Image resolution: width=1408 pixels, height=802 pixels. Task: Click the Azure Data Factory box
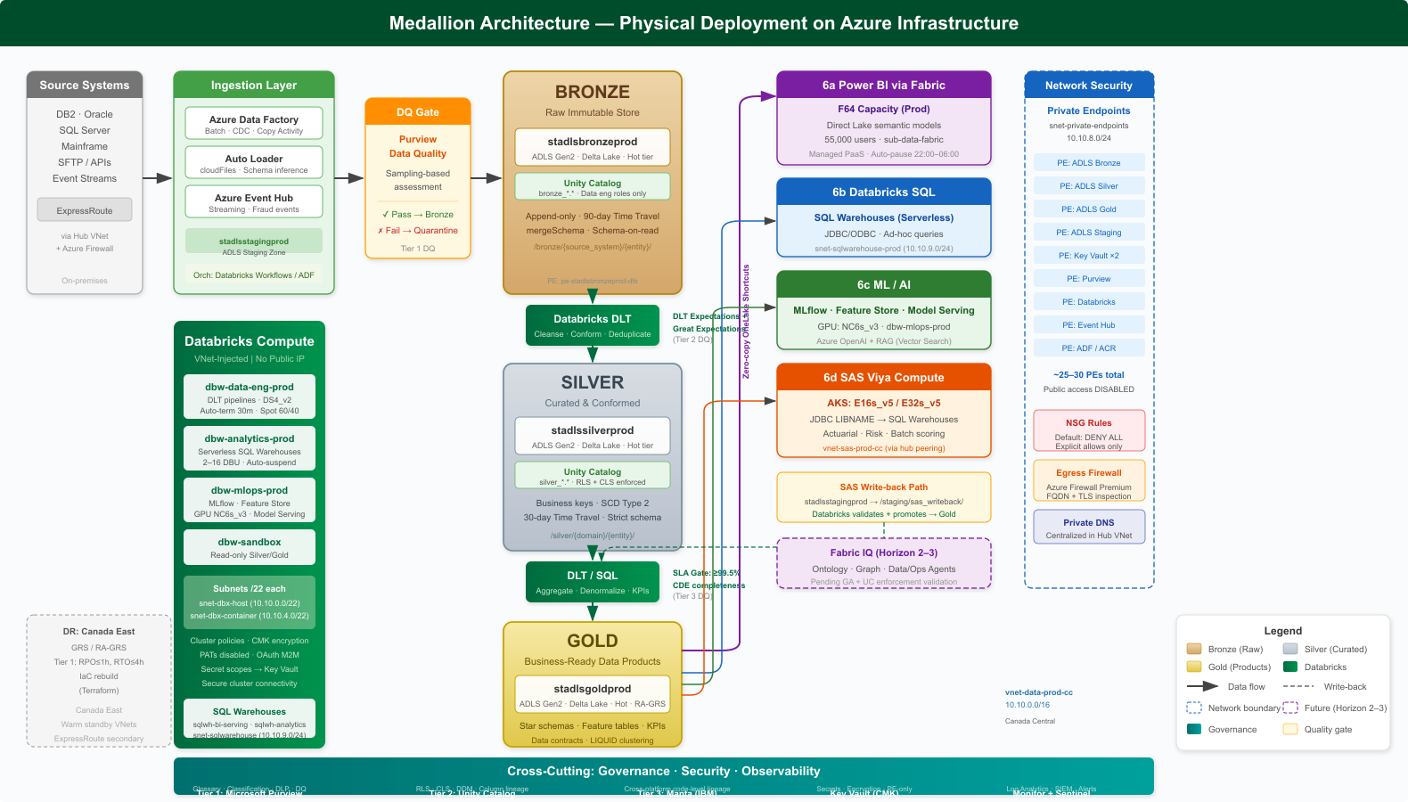(254, 124)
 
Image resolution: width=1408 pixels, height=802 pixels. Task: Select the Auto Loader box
(254, 163)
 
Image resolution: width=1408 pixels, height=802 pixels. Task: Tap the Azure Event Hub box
(254, 202)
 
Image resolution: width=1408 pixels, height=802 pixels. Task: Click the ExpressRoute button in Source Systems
(85, 210)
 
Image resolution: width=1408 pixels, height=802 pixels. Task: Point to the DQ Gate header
(418, 112)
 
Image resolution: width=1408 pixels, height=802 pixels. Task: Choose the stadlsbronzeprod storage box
(593, 147)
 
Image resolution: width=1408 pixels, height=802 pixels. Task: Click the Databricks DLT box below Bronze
(593, 325)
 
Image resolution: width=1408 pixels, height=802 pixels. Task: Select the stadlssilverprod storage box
(593, 436)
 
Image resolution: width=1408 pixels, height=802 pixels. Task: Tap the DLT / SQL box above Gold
(593, 582)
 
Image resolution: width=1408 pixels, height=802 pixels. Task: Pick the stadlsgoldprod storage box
(593, 694)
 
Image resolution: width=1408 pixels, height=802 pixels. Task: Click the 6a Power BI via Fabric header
(884, 86)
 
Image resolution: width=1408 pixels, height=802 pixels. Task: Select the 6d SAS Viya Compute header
(884, 378)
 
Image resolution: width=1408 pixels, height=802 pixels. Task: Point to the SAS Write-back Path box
(884, 499)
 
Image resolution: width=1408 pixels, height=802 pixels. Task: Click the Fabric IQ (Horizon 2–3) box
(884, 564)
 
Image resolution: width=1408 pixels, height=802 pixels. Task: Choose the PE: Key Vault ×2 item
(1089, 256)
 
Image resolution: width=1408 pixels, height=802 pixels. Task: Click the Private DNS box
(1089, 527)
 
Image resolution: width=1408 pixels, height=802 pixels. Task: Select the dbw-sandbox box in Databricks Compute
(250, 547)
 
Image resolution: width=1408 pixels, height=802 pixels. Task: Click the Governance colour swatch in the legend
(1194, 729)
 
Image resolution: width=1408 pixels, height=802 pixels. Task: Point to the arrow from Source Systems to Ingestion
(158, 178)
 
